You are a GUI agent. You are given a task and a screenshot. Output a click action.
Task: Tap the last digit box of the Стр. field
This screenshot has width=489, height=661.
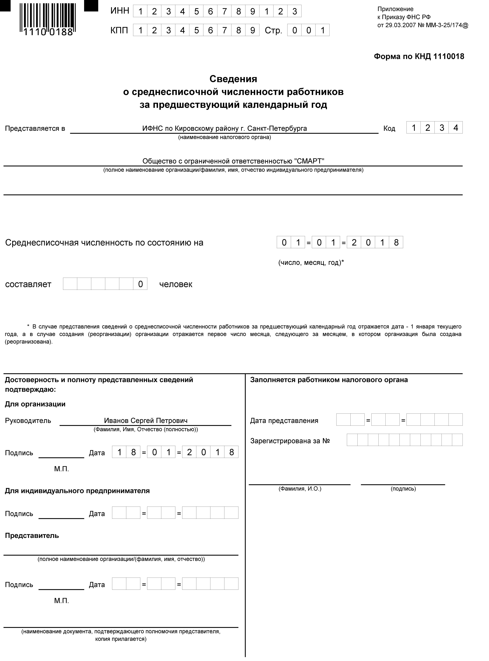(323, 30)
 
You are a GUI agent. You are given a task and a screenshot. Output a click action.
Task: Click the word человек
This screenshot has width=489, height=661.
(176, 284)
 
